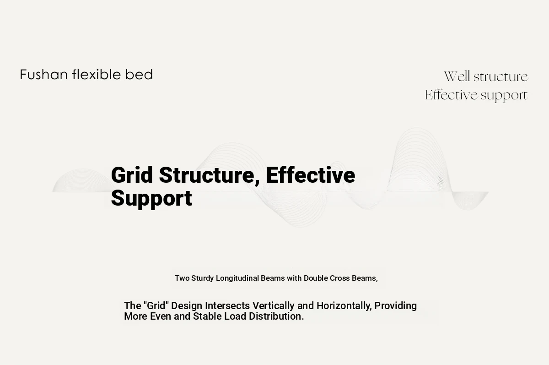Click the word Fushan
click(x=43, y=75)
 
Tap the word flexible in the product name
click(x=97, y=74)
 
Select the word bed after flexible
click(x=139, y=75)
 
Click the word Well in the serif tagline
click(x=457, y=76)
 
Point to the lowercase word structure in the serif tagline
click(x=501, y=77)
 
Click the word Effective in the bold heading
click(x=310, y=175)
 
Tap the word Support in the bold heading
click(x=151, y=199)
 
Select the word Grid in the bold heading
click(x=132, y=175)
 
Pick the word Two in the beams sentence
click(x=182, y=278)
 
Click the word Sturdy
click(x=202, y=278)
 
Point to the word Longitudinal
click(x=237, y=278)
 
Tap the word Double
click(x=316, y=278)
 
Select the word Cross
click(x=339, y=278)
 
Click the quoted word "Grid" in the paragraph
click(x=156, y=306)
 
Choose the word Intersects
click(x=227, y=306)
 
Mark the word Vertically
click(x=274, y=306)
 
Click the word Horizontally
click(x=344, y=306)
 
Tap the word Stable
click(x=207, y=316)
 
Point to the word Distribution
click(x=276, y=316)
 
